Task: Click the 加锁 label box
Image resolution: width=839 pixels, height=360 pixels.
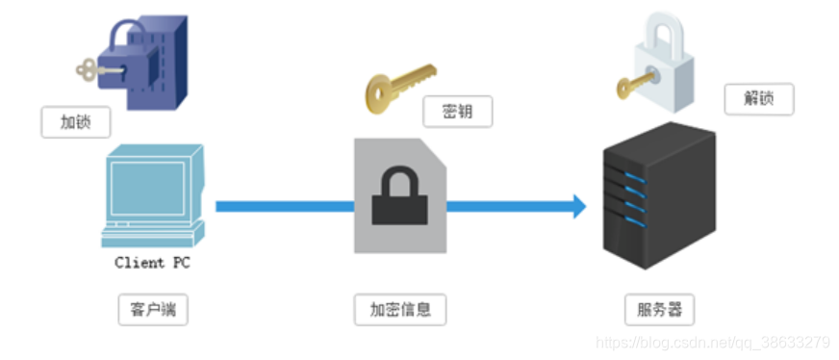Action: pyautogui.click(x=75, y=122)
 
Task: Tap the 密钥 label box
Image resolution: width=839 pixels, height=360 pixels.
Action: pyautogui.click(x=457, y=112)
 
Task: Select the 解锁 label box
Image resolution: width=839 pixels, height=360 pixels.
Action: pyautogui.click(x=758, y=99)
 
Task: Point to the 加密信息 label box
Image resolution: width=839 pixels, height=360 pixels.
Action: pyautogui.click(x=400, y=310)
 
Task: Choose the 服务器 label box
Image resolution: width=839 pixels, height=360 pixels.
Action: pyautogui.click(x=659, y=310)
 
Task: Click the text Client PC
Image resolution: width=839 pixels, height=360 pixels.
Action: pyautogui.click(x=152, y=262)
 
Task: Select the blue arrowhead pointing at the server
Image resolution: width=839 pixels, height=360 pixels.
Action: pyautogui.click(x=576, y=205)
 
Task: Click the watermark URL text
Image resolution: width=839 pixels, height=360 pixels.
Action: pyautogui.click(x=713, y=342)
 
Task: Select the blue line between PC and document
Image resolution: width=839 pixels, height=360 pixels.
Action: pyautogui.click(x=284, y=206)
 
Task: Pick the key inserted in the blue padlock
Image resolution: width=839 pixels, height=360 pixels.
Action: pyautogui.click(x=96, y=68)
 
